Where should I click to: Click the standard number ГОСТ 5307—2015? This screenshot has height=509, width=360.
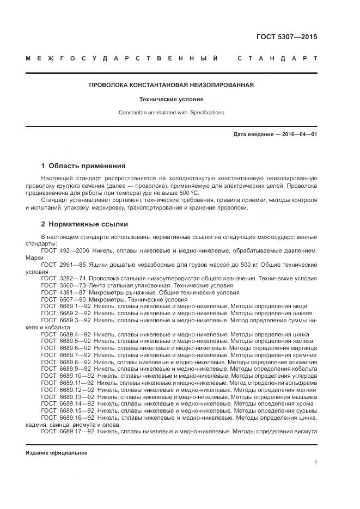pos(286,38)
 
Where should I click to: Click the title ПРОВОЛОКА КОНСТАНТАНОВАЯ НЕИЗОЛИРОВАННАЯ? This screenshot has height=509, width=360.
pos(172,85)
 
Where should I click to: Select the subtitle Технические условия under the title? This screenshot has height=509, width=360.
pos(172,100)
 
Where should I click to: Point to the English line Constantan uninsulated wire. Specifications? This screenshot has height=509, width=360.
pos(172,113)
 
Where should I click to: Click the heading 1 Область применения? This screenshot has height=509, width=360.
pos(83,166)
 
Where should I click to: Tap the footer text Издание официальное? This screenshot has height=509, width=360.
pos(56,453)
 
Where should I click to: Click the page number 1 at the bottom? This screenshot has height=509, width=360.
pos(316,463)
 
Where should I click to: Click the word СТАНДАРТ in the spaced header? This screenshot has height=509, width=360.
pos(277,58)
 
